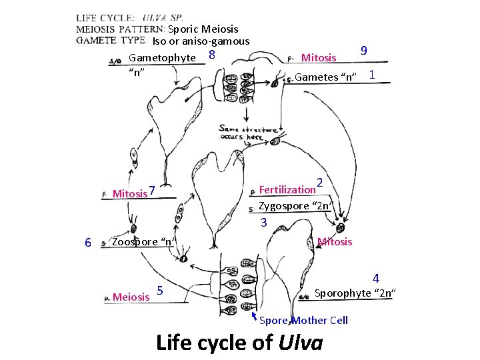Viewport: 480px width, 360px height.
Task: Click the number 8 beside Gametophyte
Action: tap(211, 55)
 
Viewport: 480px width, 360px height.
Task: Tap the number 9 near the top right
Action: tap(363, 51)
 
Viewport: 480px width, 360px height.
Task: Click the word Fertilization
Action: tap(287, 189)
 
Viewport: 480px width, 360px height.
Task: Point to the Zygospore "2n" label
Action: tap(295, 205)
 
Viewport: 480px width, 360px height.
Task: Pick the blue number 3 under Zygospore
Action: tap(264, 223)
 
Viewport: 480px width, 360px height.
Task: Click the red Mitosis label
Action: tap(335, 241)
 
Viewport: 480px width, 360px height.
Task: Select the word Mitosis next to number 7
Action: tap(130, 194)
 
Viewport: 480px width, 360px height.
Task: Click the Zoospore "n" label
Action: tap(143, 241)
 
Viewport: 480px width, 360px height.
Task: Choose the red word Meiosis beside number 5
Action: tap(131, 297)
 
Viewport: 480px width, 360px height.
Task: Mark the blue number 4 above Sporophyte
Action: tap(376, 278)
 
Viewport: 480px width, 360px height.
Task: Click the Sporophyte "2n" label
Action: tap(355, 293)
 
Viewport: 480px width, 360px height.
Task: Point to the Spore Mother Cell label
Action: tap(303, 320)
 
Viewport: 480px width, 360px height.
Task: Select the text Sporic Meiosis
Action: tap(203, 29)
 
